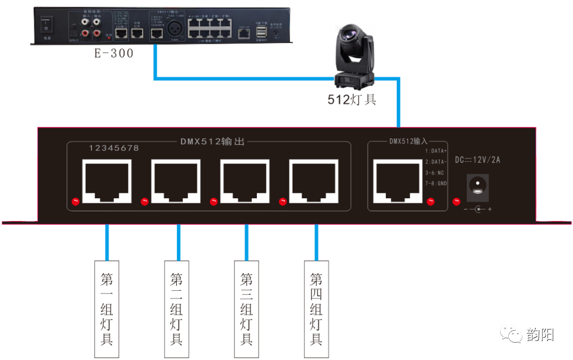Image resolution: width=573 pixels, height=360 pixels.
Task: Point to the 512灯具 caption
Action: click(x=352, y=100)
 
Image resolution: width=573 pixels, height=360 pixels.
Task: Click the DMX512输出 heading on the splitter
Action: click(x=212, y=142)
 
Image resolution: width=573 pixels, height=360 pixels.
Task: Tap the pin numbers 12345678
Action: click(x=114, y=148)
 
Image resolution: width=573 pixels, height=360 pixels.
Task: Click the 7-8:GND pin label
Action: click(x=436, y=184)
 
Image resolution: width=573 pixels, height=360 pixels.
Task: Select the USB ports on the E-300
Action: click(x=262, y=33)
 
